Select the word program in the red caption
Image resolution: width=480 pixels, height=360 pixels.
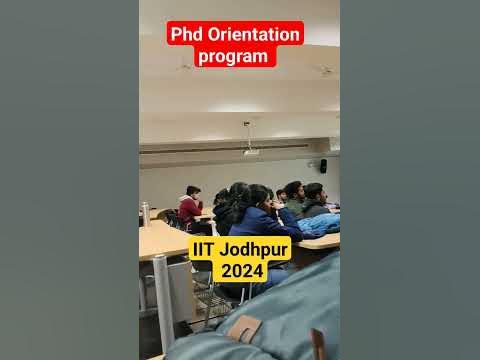click(234, 56)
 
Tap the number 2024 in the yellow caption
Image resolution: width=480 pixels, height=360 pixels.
click(240, 272)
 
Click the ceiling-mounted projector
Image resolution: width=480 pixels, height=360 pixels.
click(250, 151)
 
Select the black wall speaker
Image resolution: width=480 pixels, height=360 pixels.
click(322, 166)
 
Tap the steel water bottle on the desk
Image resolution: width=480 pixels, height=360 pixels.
click(146, 214)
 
